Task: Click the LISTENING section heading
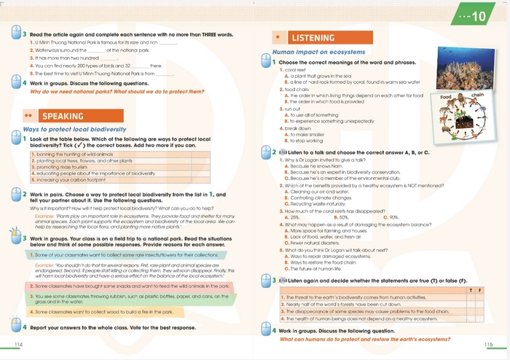(313, 38)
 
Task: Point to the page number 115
(487, 343)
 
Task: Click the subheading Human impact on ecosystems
(318, 52)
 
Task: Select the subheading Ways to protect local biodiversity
(70, 129)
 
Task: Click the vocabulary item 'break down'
(294, 128)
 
